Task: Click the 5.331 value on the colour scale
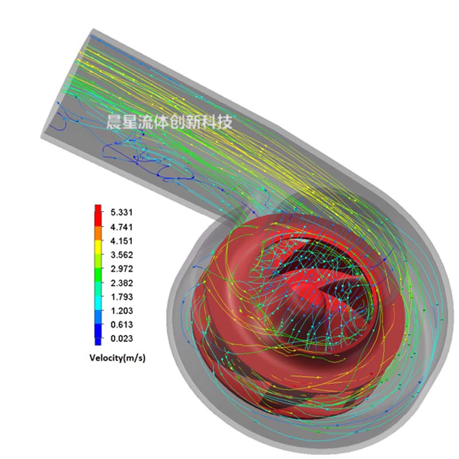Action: [122, 212]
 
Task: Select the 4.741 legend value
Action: [122, 227]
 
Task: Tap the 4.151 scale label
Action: [122, 241]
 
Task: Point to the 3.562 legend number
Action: [122, 255]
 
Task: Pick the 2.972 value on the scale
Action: [122, 269]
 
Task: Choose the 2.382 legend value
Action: [122, 283]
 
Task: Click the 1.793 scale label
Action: [122, 297]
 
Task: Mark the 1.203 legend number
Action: [122, 310]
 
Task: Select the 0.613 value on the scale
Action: [122, 325]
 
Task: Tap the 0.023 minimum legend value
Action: [122, 339]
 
